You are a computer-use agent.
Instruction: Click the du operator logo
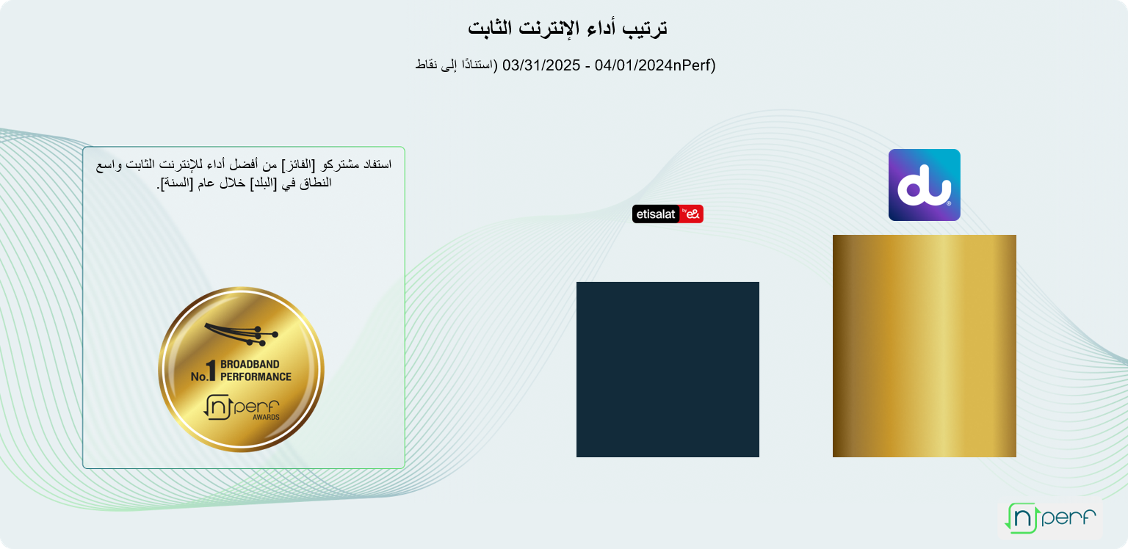(924, 185)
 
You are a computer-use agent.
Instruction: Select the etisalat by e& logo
(668, 214)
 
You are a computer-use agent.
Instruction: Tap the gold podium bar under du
(924, 346)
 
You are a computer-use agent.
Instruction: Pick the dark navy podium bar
(668, 369)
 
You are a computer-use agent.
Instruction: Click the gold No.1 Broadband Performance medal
(241, 369)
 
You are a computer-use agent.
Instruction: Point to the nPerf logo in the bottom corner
(1050, 517)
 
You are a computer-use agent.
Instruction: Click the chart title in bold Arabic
(568, 28)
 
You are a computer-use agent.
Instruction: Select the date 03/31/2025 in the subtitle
(541, 65)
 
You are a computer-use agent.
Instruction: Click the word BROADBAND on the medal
(250, 364)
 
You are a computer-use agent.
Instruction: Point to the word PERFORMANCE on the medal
(256, 377)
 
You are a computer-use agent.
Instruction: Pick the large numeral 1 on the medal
(211, 371)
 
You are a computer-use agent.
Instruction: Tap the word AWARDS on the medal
(266, 417)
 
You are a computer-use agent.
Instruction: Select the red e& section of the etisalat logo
(691, 214)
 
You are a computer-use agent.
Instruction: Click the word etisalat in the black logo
(656, 214)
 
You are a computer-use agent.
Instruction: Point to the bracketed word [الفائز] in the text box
(297, 164)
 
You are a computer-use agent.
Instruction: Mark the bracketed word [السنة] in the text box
(176, 183)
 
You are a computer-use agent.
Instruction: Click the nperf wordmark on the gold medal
(242, 407)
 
